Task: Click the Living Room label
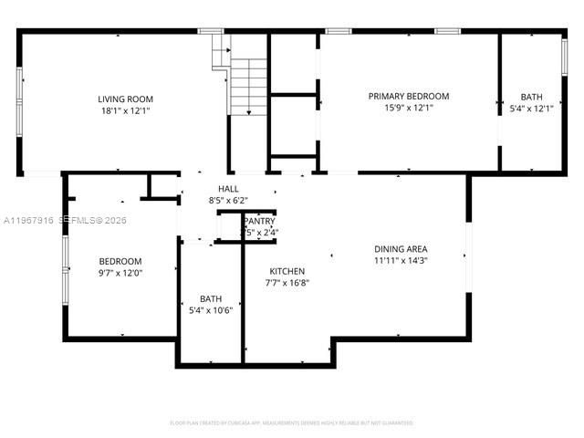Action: point(126,99)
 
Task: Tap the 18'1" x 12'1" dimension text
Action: point(126,109)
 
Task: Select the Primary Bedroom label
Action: point(408,96)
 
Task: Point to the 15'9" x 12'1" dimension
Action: point(408,107)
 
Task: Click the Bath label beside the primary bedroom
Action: point(530,97)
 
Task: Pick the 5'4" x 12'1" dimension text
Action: point(530,108)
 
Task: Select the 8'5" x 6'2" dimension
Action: point(228,200)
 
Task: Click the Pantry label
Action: point(259,222)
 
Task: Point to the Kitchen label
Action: point(287,271)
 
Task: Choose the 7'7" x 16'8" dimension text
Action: point(287,283)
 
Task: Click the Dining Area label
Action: point(401,249)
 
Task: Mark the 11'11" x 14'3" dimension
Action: point(401,260)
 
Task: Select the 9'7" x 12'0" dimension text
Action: point(120,272)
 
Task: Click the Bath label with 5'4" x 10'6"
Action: point(211,298)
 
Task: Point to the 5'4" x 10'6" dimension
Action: point(211,309)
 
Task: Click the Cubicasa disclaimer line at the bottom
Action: point(292,422)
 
